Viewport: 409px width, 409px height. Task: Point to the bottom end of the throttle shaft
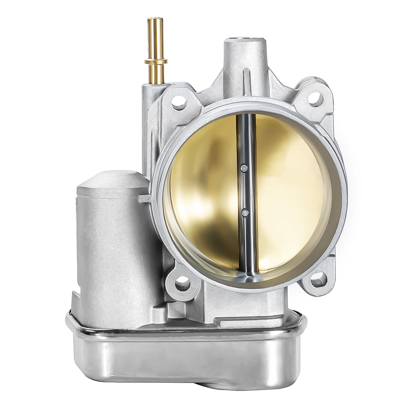point(249,275)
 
